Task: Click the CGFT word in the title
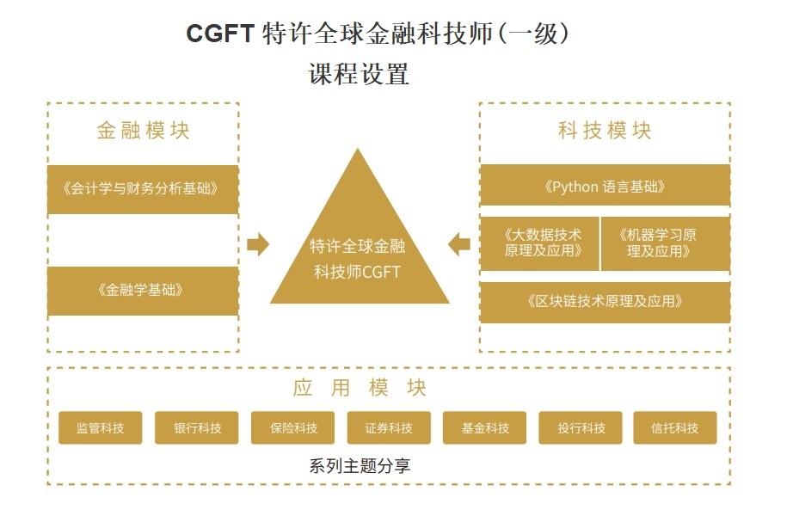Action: click(220, 34)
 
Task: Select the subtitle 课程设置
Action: click(359, 74)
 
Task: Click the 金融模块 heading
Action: click(143, 131)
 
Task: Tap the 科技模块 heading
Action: click(605, 131)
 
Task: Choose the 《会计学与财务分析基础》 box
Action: click(143, 188)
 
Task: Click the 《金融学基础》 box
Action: click(143, 291)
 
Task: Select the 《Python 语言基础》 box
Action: click(605, 187)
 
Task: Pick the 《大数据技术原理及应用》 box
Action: click(539, 243)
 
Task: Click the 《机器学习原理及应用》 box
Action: click(665, 243)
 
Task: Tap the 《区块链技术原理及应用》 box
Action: click(605, 302)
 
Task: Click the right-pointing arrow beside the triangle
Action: click(257, 245)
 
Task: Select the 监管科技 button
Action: click(100, 428)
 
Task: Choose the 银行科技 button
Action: click(196, 428)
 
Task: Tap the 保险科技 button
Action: click(292, 428)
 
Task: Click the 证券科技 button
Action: click(389, 428)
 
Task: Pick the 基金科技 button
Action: click(484, 428)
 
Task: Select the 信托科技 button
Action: click(675, 428)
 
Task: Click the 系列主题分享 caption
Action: click(360, 467)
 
